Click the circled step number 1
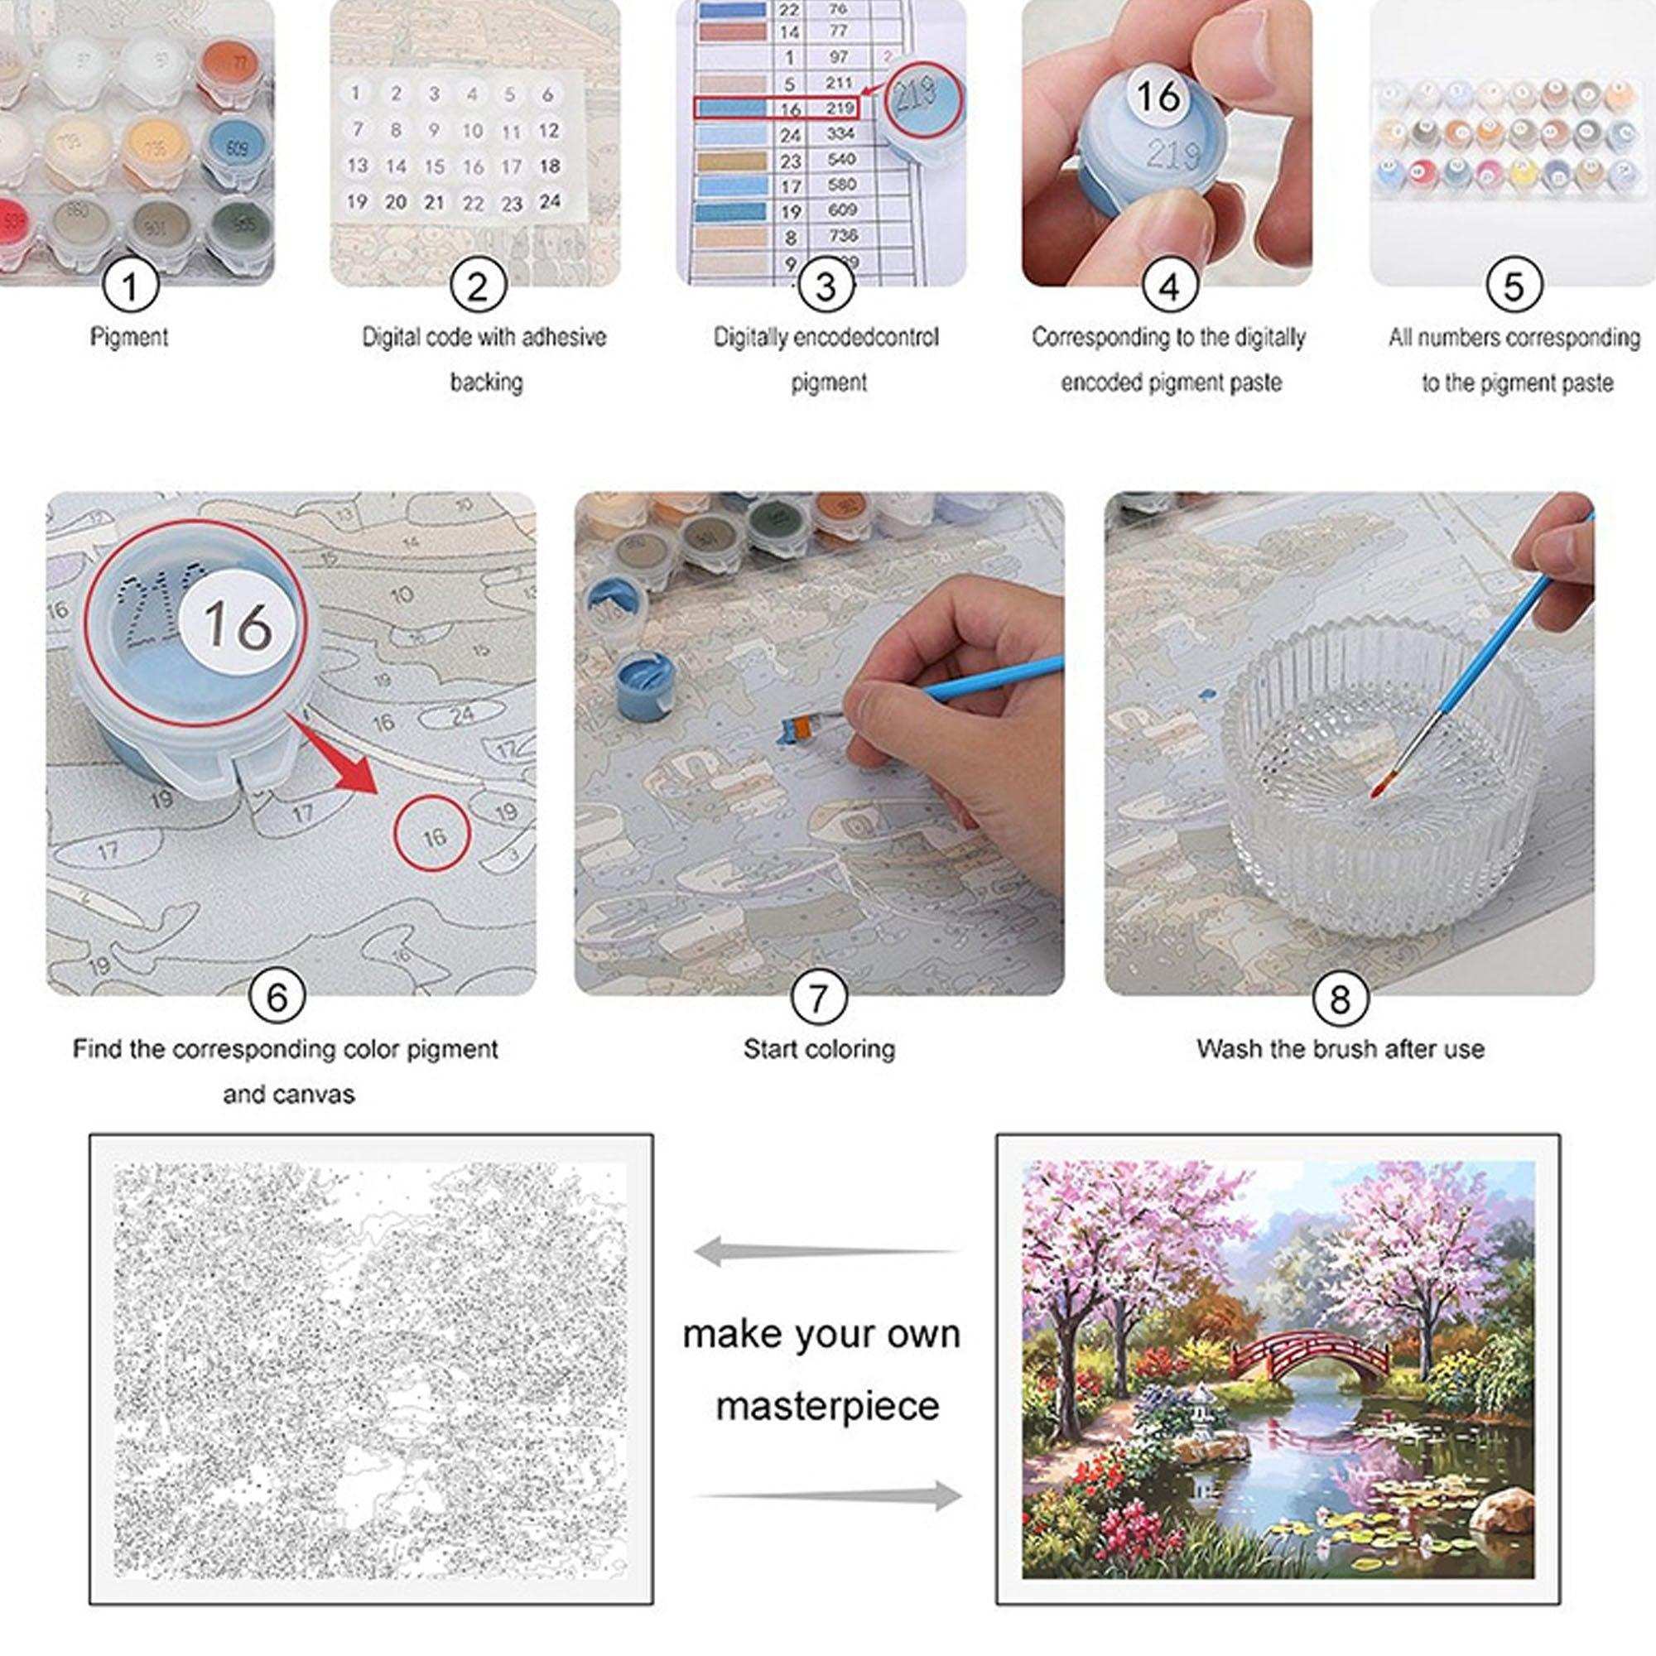[x=130, y=285]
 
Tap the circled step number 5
[x=1514, y=285]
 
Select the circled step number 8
[x=1339, y=998]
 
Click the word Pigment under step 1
[x=129, y=337]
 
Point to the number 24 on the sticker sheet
[x=550, y=200]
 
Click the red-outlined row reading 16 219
[x=776, y=108]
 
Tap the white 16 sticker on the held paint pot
[x=1159, y=95]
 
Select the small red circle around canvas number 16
[x=433, y=834]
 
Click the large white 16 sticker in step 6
[x=238, y=623]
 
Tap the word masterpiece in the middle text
[x=827, y=1407]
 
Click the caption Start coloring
[x=819, y=1049]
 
